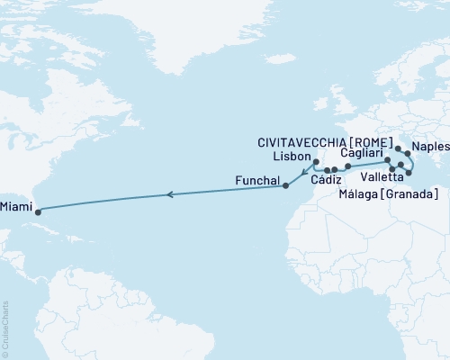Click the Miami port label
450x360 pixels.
(14, 206)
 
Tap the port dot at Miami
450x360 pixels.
(38, 212)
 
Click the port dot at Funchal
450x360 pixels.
(285, 186)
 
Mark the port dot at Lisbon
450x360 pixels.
(315, 163)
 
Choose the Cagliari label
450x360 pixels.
(364, 154)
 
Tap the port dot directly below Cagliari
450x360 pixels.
(387, 159)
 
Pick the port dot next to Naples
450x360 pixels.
(408, 154)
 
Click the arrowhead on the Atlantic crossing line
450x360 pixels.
(167, 193)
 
